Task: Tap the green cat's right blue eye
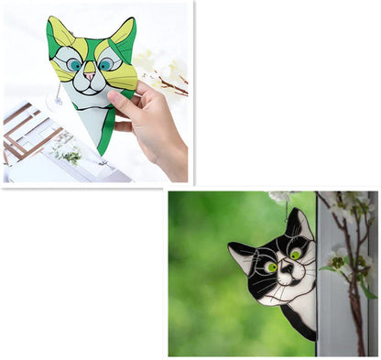[x=105, y=63]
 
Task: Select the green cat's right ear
[x=122, y=32]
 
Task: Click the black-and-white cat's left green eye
[x=271, y=267]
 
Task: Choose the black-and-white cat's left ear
[x=240, y=254]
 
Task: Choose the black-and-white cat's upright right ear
[x=297, y=223]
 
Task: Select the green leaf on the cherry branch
[x=367, y=290]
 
